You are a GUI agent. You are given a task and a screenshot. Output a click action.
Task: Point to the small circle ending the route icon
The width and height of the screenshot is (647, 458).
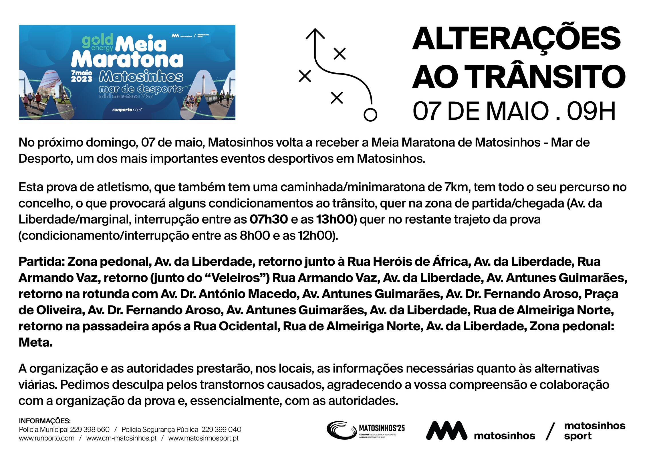370,115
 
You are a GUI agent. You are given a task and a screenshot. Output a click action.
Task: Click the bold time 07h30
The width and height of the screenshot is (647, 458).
269,220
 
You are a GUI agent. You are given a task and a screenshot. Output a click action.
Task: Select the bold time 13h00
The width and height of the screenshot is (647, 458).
335,220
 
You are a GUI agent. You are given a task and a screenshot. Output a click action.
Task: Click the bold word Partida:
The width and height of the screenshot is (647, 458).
41,262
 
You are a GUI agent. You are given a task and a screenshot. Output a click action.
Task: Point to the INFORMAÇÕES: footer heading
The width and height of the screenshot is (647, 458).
45,421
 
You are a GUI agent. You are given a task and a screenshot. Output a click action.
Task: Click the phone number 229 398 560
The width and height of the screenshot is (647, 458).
90,429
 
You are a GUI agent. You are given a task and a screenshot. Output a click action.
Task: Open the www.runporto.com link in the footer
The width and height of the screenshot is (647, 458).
47,438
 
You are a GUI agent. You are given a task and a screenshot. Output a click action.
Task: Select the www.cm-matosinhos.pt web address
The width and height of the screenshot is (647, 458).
121,438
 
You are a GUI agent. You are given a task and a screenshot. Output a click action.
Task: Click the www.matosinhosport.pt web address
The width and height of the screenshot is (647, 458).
203,438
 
